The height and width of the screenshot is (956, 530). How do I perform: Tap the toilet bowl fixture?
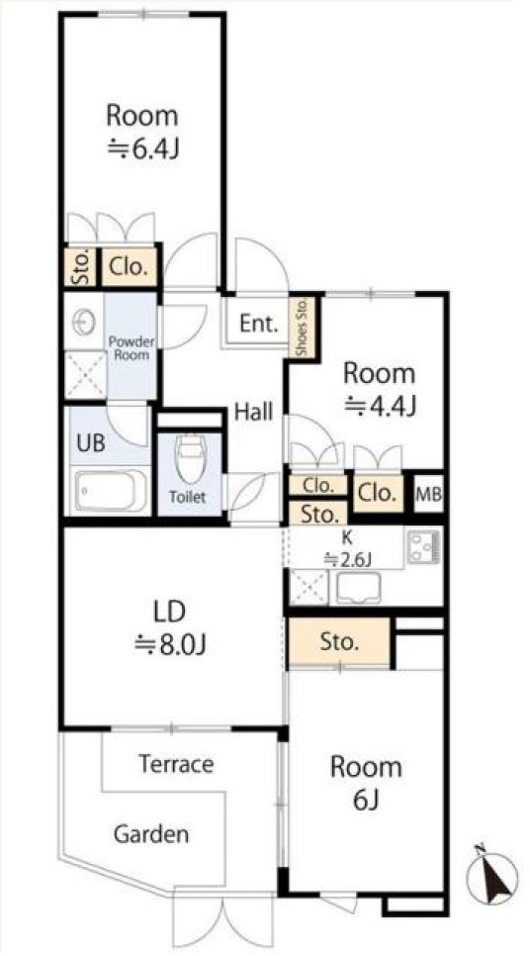(x=190, y=458)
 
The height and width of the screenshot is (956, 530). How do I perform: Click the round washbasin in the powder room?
(x=84, y=322)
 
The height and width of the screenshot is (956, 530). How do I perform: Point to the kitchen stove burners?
(x=421, y=546)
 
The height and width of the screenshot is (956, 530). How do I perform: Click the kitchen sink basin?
(x=359, y=589)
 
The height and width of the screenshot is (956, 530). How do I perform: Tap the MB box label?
(x=429, y=492)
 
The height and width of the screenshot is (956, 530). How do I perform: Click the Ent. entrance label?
(x=258, y=324)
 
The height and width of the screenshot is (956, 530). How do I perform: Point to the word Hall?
(x=253, y=413)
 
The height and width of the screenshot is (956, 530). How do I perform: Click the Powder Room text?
(x=132, y=347)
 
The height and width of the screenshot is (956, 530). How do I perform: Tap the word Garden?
(x=151, y=834)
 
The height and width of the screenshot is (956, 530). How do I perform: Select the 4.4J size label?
(x=380, y=405)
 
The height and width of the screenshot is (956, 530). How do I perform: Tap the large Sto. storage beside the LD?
(x=339, y=642)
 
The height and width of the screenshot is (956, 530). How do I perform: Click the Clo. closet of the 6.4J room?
(x=129, y=266)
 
